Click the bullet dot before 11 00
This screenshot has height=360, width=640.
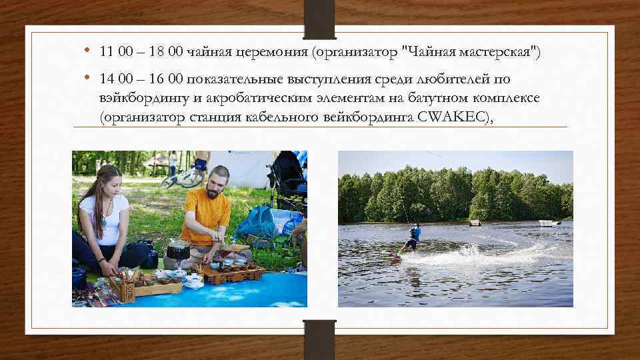tap(88, 51)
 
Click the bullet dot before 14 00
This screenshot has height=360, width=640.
tap(88, 79)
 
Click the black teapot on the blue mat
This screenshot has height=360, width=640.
tap(177, 250)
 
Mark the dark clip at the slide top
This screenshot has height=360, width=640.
tap(319, 18)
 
